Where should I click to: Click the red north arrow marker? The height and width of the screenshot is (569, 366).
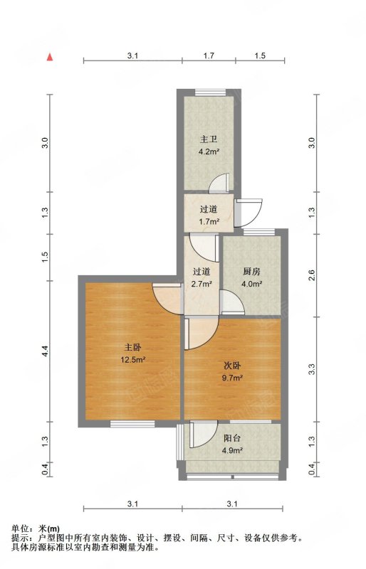(50, 57)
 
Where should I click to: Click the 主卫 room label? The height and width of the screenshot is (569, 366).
(209, 139)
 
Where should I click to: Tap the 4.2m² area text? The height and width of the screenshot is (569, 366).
(209, 152)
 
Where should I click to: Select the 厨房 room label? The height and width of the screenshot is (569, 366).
(251, 272)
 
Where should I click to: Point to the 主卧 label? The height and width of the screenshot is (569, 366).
(132, 347)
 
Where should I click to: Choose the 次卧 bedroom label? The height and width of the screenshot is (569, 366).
(232, 366)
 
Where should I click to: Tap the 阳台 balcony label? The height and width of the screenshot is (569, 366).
(232, 438)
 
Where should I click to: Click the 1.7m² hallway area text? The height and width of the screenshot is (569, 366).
(209, 221)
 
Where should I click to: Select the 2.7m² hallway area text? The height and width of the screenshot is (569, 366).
(202, 284)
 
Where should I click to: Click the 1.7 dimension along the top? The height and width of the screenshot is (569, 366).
(209, 55)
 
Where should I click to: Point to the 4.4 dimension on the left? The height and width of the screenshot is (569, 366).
(45, 351)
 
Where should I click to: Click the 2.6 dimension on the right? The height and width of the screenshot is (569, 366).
(311, 275)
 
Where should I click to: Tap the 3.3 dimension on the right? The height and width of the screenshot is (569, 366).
(311, 369)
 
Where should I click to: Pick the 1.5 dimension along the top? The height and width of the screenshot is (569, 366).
(260, 55)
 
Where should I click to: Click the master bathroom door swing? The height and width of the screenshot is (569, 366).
(219, 183)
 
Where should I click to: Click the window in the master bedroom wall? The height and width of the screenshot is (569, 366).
(132, 423)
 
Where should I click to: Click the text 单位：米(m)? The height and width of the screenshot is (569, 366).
(36, 528)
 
